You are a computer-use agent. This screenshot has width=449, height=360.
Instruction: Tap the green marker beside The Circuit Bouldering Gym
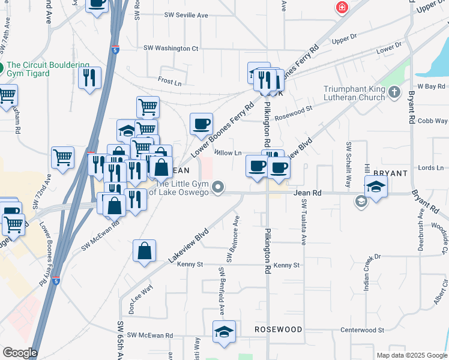click(2, 66)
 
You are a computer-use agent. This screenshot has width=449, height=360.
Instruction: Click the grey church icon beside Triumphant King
click(394, 92)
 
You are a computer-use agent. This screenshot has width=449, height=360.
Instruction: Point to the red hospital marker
click(342, 7)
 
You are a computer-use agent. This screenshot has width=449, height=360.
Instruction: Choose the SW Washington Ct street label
click(170, 48)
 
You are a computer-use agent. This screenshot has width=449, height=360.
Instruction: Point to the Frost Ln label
click(170, 81)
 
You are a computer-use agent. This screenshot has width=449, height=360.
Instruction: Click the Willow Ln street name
click(228, 153)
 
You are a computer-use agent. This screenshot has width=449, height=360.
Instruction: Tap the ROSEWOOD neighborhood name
click(278, 329)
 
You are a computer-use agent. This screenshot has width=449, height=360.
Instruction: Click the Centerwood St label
click(362, 330)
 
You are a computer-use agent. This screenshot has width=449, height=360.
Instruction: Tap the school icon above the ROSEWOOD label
click(224, 332)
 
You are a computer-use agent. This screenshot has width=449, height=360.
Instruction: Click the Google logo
click(20, 353)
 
